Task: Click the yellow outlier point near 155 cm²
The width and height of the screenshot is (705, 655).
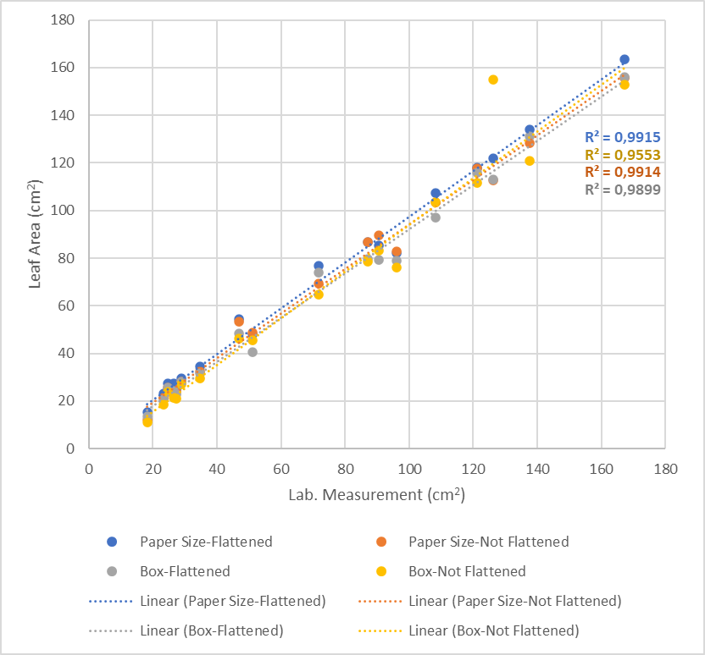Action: [x=493, y=80]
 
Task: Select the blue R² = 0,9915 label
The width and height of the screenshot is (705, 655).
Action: [x=622, y=137]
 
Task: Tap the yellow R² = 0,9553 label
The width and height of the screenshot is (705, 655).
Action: [x=622, y=155]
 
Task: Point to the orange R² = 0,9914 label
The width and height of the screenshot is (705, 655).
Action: [x=622, y=172]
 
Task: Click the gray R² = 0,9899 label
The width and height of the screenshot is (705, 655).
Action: [x=622, y=190]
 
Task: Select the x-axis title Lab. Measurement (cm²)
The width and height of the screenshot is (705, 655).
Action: [x=377, y=494]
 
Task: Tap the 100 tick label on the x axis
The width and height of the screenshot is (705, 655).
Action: [x=409, y=465]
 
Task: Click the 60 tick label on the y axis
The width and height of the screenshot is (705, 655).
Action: [x=69, y=305]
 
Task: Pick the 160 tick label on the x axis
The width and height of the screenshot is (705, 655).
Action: [x=601, y=465]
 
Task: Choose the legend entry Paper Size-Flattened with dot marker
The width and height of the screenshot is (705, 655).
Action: [x=190, y=542]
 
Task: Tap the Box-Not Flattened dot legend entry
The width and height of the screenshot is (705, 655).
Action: [x=466, y=571]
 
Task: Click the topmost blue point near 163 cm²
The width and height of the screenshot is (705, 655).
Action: [x=625, y=59]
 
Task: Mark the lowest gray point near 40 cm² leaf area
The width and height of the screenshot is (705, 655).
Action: [x=253, y=352]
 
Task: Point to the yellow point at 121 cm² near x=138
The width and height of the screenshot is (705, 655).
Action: [x=530, y=161]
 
